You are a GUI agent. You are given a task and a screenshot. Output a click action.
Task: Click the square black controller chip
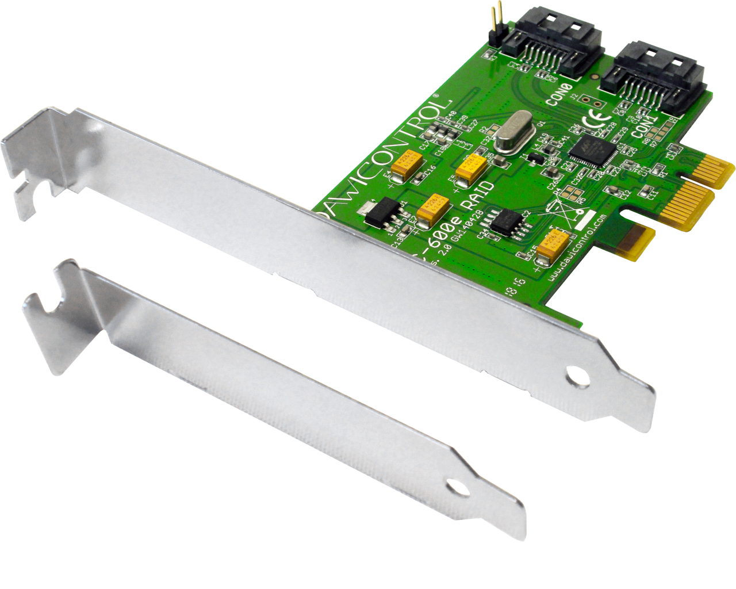pos(592,150)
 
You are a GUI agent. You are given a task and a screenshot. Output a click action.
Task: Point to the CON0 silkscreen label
pos(559,95)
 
